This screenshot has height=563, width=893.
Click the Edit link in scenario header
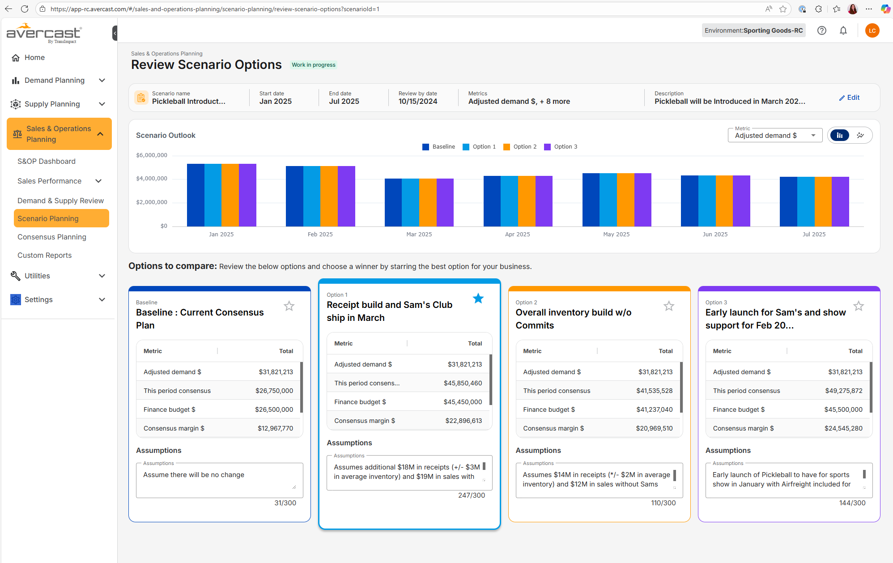(849, 98)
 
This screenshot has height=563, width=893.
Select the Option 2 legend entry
(520, 147)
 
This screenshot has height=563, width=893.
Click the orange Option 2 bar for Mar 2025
(427, 202)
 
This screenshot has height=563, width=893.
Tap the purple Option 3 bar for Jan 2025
(247, 195)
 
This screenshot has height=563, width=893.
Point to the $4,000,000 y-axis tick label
(152, 179)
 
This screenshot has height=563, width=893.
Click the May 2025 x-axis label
(616, 235)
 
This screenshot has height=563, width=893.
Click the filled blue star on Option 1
(478, 299)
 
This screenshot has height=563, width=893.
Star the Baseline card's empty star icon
(289, 306)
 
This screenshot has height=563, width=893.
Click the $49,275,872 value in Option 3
(843, 391)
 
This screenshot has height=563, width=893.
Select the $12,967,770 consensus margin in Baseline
(275, 428)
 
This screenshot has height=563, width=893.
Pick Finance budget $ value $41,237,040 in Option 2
(654, 409)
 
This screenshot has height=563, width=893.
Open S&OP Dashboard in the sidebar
(47, 161)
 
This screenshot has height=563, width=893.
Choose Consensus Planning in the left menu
(52, 237)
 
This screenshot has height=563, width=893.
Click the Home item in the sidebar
(34, 57)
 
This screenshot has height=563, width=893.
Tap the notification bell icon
(843, 30)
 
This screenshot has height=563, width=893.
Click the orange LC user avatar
(872, 30)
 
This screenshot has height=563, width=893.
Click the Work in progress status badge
(313, 65)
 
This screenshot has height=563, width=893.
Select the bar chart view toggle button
(840, 135)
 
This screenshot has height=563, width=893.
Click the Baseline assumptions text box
(219, 480)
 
